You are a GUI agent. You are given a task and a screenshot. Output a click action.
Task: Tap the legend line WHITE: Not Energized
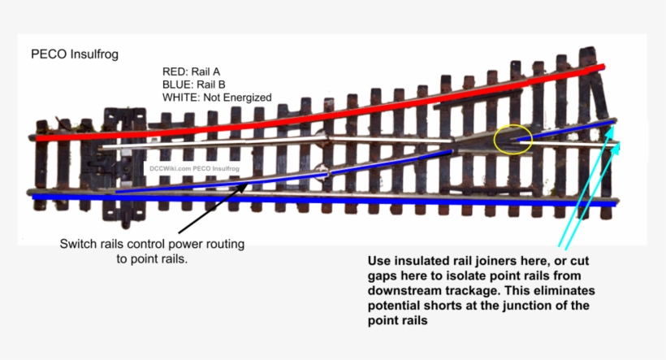tap(217, 98)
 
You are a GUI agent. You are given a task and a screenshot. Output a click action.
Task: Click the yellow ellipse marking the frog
tap(512, 140)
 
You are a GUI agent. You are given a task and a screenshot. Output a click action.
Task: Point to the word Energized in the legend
tap(244, 98)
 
